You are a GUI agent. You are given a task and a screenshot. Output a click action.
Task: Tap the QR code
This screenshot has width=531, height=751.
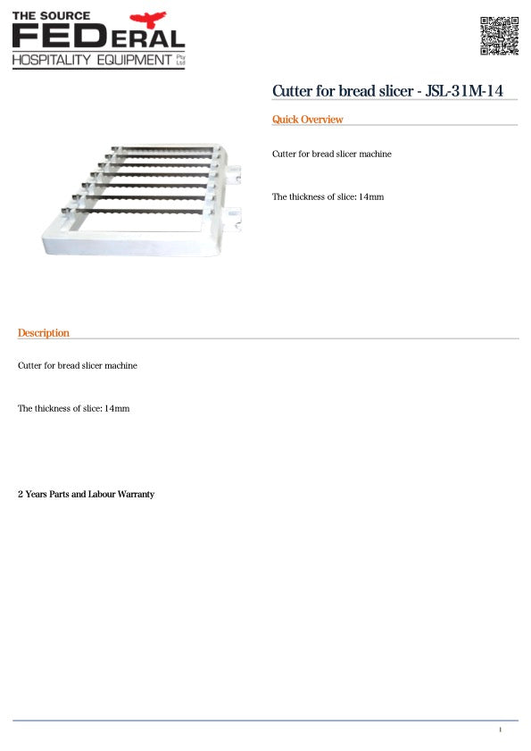coord(499,35)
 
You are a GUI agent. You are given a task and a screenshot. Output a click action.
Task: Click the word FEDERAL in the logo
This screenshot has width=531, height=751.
coord(98,38)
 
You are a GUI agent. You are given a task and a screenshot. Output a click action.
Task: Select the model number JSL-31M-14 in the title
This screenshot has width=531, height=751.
coord(468,91)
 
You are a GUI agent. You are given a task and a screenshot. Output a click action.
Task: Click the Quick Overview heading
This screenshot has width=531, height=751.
coord(307,120)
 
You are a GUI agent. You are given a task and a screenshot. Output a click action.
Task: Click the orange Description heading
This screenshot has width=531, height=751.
coord(43,333)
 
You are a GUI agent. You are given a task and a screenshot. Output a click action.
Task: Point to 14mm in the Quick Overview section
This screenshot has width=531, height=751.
coord(370,196)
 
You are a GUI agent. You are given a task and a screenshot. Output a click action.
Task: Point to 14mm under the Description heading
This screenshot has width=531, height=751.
coord(117,408)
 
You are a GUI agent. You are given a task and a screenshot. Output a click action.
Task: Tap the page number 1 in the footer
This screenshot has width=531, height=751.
coord(500,730)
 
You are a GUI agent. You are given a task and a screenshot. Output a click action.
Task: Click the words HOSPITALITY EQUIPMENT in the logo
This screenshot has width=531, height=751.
coord(90,60)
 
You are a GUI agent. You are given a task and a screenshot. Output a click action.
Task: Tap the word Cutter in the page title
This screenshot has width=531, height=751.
coord(292,91)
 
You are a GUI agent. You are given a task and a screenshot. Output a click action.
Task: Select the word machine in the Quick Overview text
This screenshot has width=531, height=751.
coord(375,154)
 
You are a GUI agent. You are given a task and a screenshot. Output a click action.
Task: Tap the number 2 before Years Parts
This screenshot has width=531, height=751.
coord(21,494)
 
